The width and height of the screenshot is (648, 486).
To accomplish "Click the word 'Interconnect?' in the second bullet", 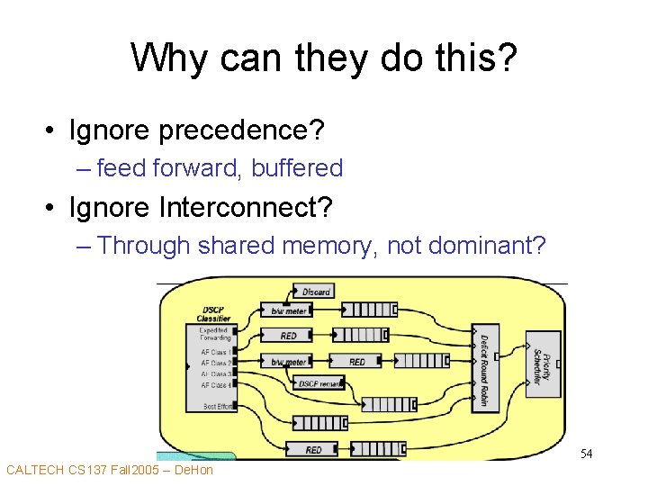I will [245, 208].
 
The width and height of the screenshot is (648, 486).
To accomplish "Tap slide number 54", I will [586, 454].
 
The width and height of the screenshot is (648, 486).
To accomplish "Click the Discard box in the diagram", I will [314, 292].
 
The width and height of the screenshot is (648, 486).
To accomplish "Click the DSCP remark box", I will [319, 383].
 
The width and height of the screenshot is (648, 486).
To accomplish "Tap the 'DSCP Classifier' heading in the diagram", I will [213, 314].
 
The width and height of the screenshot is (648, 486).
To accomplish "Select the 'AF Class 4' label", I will [215, 385].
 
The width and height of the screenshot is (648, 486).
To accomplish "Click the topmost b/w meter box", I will [289, 310].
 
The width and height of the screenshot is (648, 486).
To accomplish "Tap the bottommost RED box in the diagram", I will [313, 449].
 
